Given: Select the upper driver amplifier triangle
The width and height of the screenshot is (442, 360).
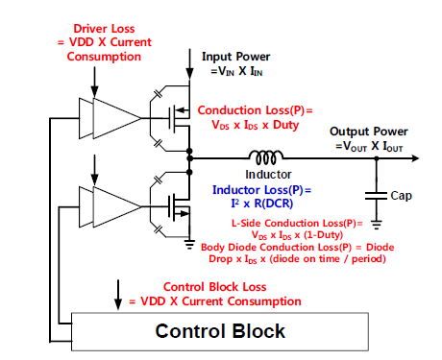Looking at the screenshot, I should pyautogui.click(x=113, y=116).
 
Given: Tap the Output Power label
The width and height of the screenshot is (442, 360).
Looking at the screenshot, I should pyautogui.click(x=369, y=132).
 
